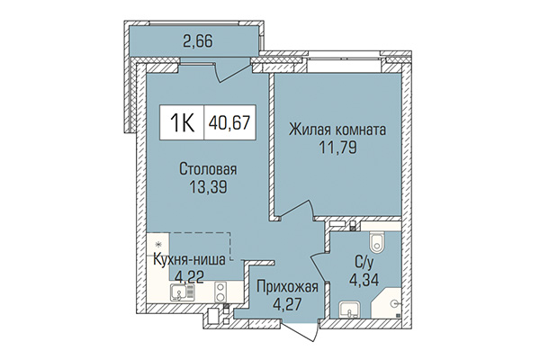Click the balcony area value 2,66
click(198, 40)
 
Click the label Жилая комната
click(337, 130)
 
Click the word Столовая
click(207, 169)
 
